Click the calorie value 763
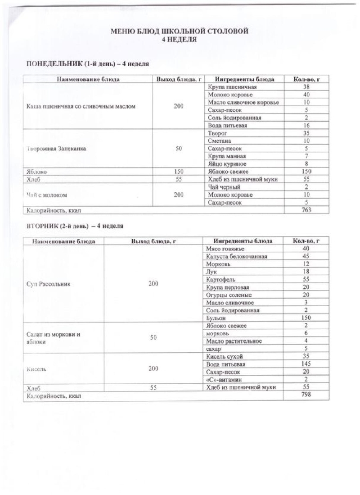point(306,210)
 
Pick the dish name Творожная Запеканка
point(54,149)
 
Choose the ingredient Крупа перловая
point(227,287)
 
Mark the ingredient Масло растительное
point(234,341)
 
